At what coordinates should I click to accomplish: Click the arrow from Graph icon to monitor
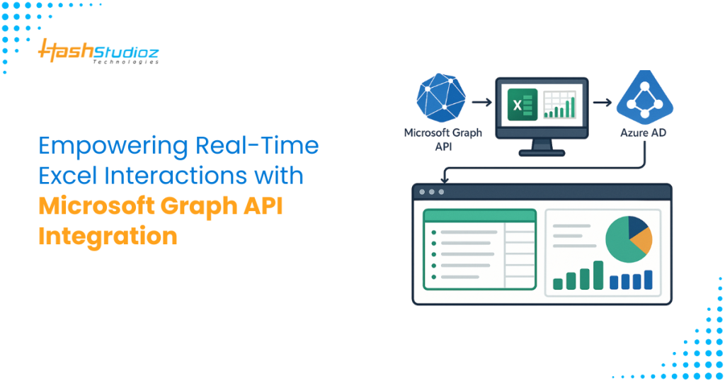coord(481,103)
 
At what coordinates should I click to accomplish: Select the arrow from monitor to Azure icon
coord(602,103)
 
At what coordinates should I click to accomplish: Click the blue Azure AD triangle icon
coord(644,100)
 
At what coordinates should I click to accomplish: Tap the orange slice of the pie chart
coord(640,241)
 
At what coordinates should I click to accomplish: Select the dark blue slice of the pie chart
coord(637,227)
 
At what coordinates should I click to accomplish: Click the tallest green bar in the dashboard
coord(598,275)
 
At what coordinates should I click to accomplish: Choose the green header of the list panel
coord(479,215)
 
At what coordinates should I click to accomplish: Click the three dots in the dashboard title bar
coord(432,192)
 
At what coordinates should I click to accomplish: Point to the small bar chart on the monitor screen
coord(559,110)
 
